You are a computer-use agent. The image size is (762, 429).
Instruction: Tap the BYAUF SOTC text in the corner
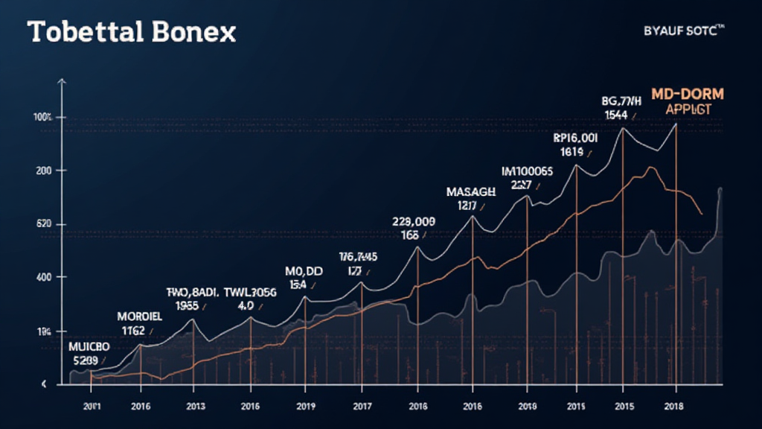click(x=682, y=32)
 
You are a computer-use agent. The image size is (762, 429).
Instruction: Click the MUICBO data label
click(x=89, y=347)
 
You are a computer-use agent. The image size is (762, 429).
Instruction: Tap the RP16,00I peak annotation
click(x=575, y=138)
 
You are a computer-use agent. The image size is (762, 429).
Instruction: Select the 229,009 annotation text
click(x=413, y=221)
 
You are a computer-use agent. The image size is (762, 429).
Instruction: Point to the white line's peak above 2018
click(x=676, y=123)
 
